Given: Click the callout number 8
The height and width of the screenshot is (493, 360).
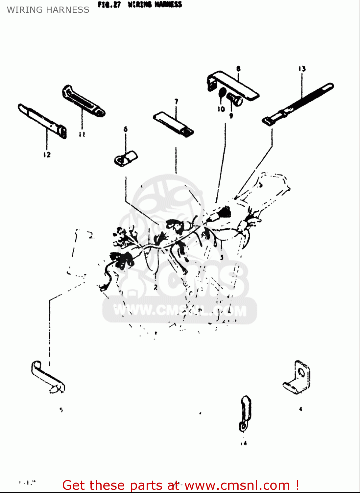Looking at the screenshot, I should click(x=238, y=69).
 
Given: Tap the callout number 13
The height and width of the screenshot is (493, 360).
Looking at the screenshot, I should click(x=302, y=69).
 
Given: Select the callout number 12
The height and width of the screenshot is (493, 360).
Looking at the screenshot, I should click(x=47, y=154).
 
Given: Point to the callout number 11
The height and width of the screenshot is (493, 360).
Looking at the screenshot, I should click(x=82, y=134).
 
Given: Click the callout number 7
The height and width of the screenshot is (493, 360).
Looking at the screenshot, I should click(x=176, y=101).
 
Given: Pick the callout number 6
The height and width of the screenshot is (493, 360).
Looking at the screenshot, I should click(x=125, y=129).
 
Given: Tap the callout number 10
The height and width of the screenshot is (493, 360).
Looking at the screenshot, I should click(x=221, y=109).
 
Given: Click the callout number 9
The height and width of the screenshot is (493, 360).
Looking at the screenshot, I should click(x=231, y=116).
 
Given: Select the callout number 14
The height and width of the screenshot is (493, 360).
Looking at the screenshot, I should click(x=243, y=443).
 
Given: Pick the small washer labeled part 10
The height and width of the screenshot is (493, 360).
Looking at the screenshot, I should click(x=222, y=93).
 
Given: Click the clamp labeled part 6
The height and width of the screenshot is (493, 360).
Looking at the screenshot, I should click(x=126, y=158).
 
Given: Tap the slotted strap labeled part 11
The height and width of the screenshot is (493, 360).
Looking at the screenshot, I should click(x=83, y=101).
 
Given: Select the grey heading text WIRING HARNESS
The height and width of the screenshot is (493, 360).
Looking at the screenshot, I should click(x=48, y=10).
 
